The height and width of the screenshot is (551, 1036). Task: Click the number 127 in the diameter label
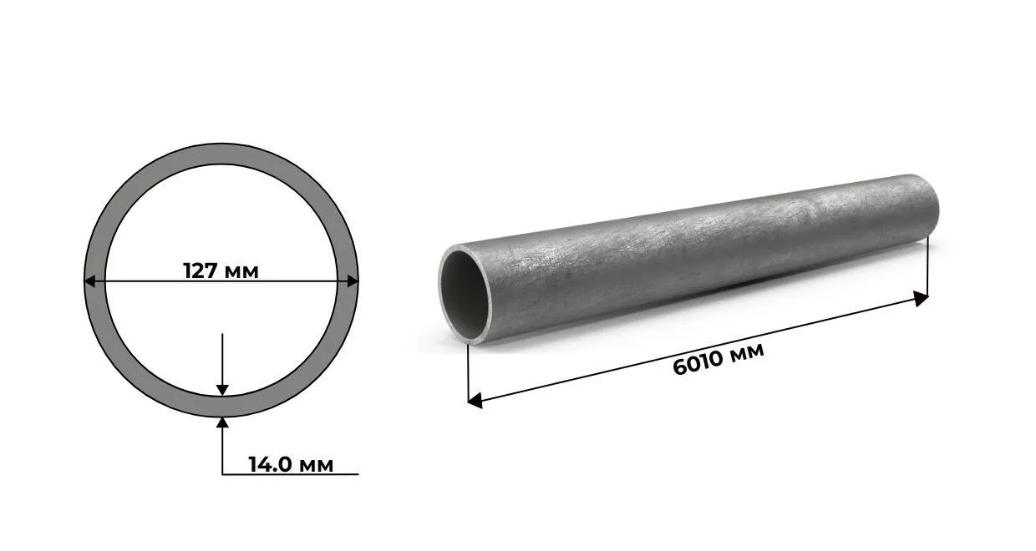tap(201, 270)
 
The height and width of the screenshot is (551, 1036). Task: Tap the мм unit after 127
tap(240, 273)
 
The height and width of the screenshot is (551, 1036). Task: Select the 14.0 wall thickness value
tap(270, 464)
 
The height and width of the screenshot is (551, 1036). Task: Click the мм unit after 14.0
tap(315, 466)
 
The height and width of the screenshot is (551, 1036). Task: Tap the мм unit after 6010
tap(745, 351)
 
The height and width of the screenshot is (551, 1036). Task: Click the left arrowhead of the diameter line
tap(89, 281)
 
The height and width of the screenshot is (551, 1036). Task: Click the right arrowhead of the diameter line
tap(353, 281)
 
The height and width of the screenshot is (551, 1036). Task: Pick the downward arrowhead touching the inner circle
tap(222, 390)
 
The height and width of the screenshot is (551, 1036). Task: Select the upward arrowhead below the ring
tap(222, 422)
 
